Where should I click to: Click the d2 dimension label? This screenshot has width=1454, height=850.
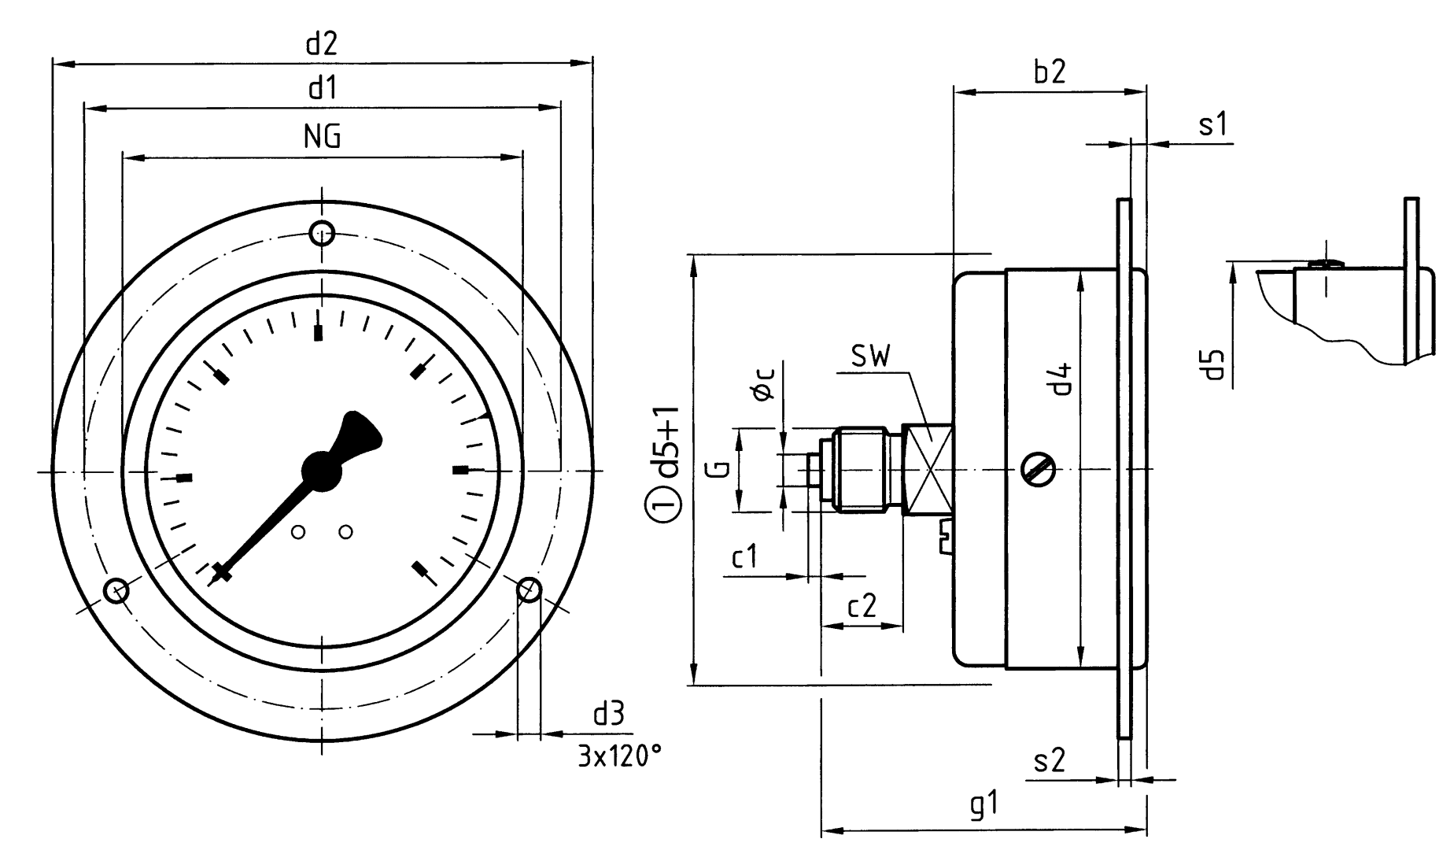pyautogui.click(x=321, y=43)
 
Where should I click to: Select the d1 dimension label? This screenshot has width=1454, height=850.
pyautogui.click(x=322, y=88)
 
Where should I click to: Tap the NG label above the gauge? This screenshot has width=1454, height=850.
pyautogui.click(x=322, y=137)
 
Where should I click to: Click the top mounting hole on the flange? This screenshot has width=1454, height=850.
pyautogui.click(x=322, y=233)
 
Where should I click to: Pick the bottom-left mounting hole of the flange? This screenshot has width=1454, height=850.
pyautogui.click(x=116, y=589)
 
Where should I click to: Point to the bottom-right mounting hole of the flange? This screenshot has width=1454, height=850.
pyautogui.click(x=529, y=589)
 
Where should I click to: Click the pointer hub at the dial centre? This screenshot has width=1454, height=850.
pyautogui.click(x=322, y=471)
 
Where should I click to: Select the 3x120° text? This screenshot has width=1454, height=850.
pyautogui.click(x=619, y=757)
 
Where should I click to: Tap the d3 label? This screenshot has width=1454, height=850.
pyautogui.click(x=608, y=715)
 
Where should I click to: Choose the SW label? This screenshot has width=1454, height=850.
pyautogui.click(x=871, y=357)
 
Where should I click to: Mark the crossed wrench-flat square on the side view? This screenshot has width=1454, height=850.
pyautogui.click(x=928, y=470)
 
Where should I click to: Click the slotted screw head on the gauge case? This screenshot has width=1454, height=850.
pyautogui.click(x=1038, y=470)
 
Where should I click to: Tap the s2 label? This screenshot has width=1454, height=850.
pyautogui.click(x=1049, y=760)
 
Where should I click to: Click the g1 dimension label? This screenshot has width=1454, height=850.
pyautogui.click(x=983, y=806)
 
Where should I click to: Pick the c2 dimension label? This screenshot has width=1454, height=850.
pyautogui.click(x=862, y=605)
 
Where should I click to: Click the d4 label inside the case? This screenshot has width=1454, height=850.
pyautogui.click(x=1062, y=379)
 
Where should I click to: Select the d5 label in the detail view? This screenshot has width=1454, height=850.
pyautogui.click(x=1216, y=364)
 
